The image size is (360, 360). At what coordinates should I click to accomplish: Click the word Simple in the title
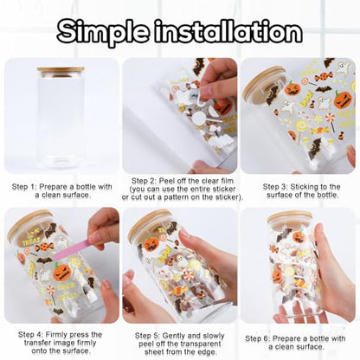coord(103,30)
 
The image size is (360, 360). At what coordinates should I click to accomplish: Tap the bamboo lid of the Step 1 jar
coord(61,72)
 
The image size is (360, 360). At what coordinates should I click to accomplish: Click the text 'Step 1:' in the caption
coord(24,187)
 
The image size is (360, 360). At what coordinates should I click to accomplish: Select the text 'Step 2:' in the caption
coord(144,181)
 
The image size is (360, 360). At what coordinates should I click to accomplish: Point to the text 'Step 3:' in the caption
coord(275,187)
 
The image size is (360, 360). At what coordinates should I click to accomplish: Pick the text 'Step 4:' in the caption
coord(30,335)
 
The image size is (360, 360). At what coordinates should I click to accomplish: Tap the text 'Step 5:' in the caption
coord(147,336)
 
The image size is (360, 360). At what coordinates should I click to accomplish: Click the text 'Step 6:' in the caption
coord(257,338)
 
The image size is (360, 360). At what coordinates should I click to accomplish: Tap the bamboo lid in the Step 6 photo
coord(289,218)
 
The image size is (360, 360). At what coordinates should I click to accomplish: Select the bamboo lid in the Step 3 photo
coord(264,83)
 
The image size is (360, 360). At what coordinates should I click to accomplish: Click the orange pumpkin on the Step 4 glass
coord(62,272)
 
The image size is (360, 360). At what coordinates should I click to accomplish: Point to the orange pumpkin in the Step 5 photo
coord(151,244)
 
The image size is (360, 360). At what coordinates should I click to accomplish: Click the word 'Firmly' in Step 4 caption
coord(56,335)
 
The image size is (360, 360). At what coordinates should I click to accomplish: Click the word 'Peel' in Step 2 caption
coord(166,181)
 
